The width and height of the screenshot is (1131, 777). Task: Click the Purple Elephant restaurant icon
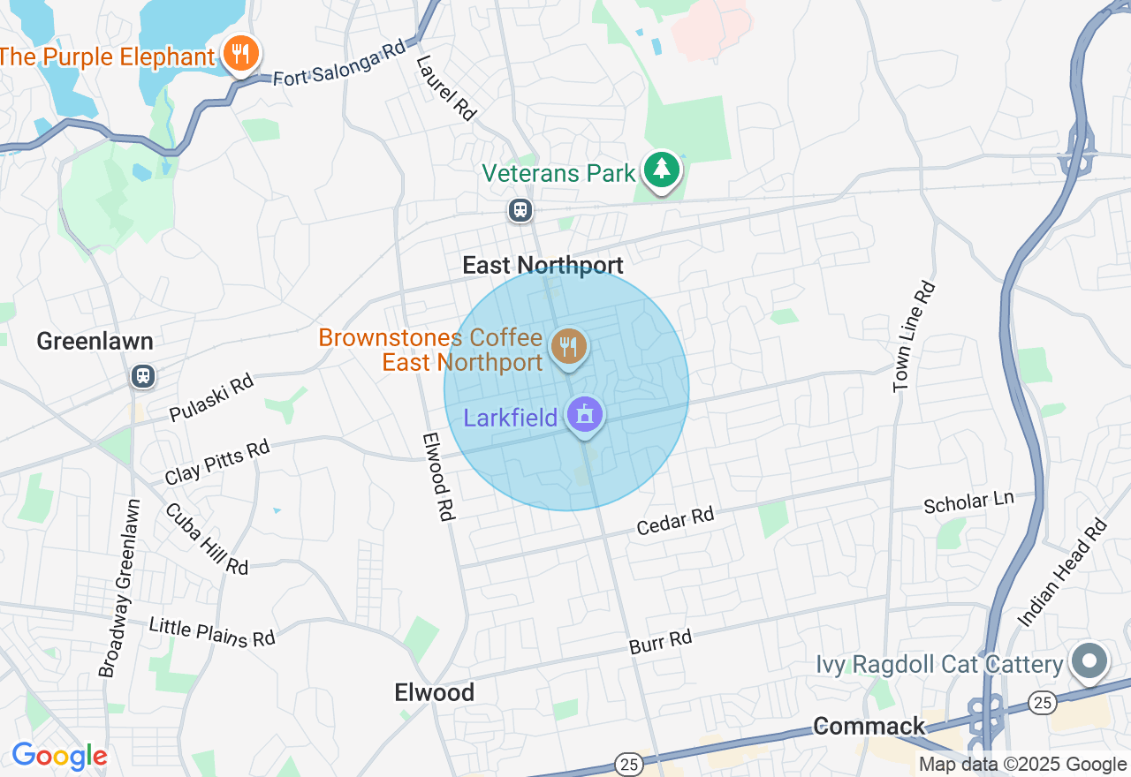(239, 54)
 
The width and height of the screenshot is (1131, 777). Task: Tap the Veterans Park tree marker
(661, 170)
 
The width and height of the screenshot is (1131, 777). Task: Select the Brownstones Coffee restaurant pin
(569, 346)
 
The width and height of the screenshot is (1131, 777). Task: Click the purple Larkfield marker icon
(584, 415)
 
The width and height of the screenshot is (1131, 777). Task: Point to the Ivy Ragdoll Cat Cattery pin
(1090, 661)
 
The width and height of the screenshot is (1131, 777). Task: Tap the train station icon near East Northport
(520, 210)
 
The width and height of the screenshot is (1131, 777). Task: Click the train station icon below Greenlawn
(142, 376)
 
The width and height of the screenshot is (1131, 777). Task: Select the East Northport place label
(543, 265)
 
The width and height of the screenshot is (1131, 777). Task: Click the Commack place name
(869, 726)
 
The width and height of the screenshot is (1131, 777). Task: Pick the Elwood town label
(435, 692)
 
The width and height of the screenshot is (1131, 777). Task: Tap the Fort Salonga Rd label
(338, 64)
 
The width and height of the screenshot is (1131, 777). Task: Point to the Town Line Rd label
(914, 336)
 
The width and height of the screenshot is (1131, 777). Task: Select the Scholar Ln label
(968, 502)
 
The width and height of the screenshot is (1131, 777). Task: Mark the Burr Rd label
(660, 642)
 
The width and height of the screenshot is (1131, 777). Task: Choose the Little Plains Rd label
(212, 631)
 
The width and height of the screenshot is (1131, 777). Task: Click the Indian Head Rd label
(1063, 574)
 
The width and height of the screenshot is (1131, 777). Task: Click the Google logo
(59, 757)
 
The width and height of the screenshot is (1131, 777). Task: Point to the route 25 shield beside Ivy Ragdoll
(1041, 702)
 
